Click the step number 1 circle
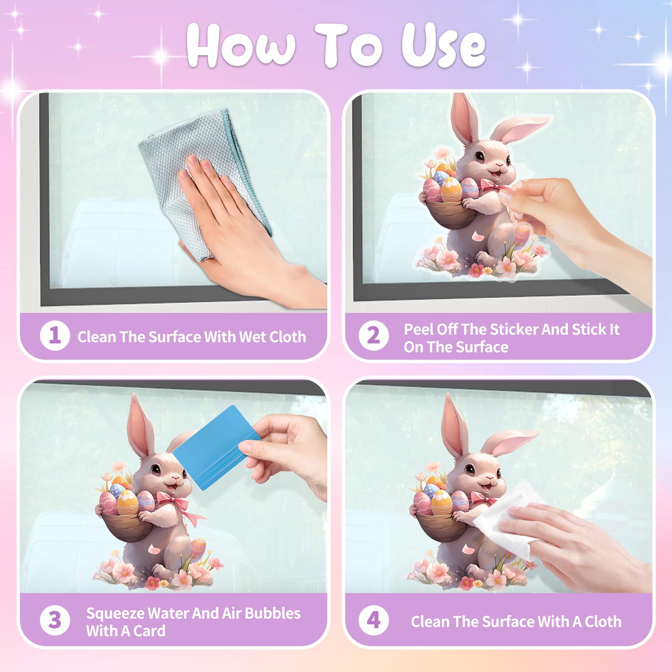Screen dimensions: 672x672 [x=55, y=335]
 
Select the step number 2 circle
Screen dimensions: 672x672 [x=373, y=335]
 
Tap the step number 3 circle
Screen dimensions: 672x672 [x=55, y=620]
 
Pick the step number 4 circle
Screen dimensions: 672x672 [x=373, y=620]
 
